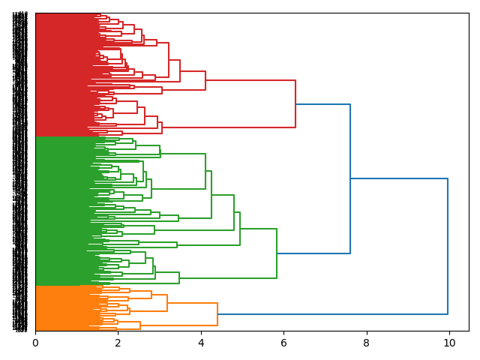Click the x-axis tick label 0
click(x=35, y=343)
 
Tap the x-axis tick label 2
click(x=118, y=343)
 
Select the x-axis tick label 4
click(x=201, y=343)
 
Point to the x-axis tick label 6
click(x=283, y=343)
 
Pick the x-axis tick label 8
click(x=367, y=343)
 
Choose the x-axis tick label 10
click(x=449, y=343)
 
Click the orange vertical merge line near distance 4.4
click(x=217, y=314)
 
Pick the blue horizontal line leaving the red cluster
click(x=322, y=104)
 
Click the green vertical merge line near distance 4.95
click(x=240, y=229)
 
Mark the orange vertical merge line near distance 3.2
click(x=167, y=303)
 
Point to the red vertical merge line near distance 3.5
click(x=180, y=70)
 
